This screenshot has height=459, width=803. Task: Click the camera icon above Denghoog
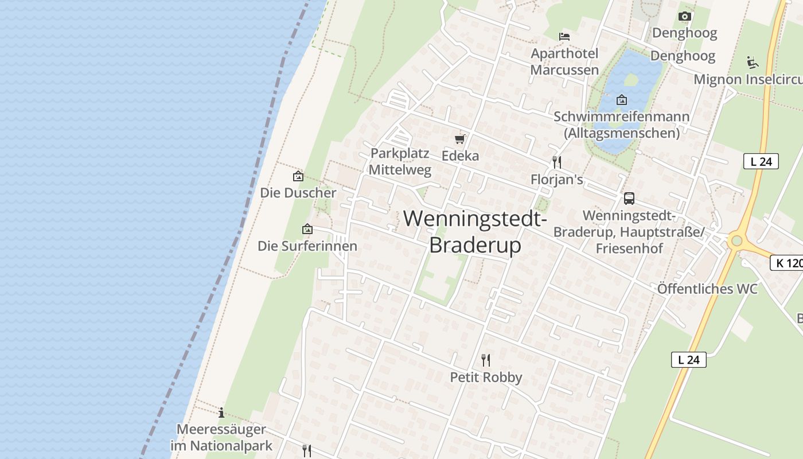tap(684, 16)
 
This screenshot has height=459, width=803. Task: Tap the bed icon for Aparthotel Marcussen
tap(564, 37)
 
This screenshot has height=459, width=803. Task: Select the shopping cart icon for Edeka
tap(459, 139)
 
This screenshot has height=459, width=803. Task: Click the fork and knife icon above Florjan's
tap(556, 162)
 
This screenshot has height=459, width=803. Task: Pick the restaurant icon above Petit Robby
tap(486, 360)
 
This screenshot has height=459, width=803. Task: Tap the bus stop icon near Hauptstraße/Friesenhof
tap(629, 199)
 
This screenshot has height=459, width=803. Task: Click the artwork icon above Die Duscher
tap(298, 176)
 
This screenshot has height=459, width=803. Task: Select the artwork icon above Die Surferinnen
tap(307, 229)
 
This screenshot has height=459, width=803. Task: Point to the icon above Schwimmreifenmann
tap(621, 100)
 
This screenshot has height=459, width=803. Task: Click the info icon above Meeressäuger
tap(221, 413)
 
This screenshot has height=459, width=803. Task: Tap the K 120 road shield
tap(787, 263)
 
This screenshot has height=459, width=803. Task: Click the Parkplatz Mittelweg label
tap(400, 161)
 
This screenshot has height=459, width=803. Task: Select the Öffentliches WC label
tap(707, 289)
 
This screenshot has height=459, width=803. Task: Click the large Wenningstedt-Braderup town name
tap(475, 231)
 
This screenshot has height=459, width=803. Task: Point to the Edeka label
tap(460, 155)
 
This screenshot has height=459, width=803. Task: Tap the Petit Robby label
tap(486, 377)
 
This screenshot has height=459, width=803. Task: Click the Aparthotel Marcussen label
tap(564, 61)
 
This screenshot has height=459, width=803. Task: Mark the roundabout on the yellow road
tap(736, 241)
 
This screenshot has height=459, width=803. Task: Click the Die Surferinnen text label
tap(307, 246)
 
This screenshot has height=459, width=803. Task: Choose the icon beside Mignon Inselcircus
tap(753, 62)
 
